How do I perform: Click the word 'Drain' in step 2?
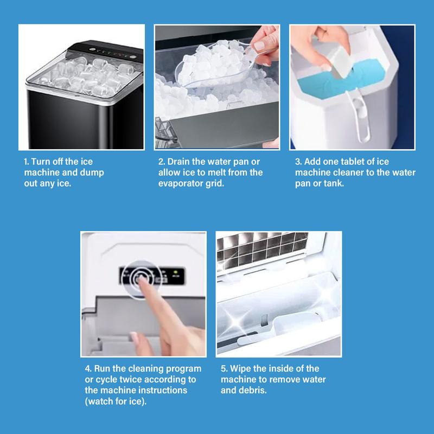pyautogui.click(x=180, y=162)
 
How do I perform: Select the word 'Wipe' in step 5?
pyautogui.click(x=244, y=369)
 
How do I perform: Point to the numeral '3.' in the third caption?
pyautogui.click(x=298, y=162)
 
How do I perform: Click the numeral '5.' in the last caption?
pyautogui.click(x=224, y=369)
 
